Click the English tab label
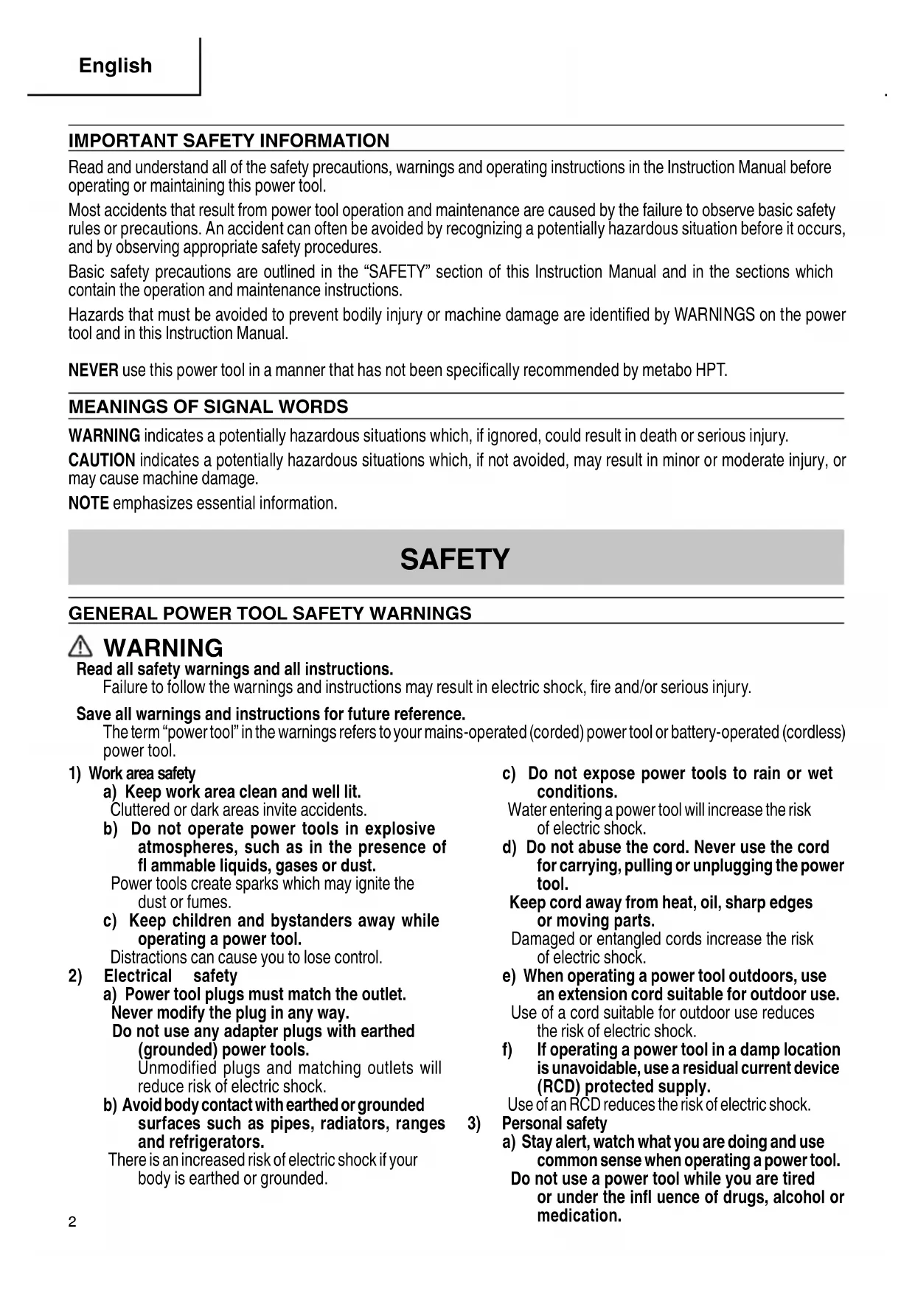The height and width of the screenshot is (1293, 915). coord(115,66)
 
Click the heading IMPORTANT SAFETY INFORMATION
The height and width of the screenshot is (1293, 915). coord(229,140)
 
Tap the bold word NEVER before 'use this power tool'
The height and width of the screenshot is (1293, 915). coord(93,370)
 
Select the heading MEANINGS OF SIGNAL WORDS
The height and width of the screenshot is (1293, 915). coord(208,407)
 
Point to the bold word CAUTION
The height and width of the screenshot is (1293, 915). coord(101,461)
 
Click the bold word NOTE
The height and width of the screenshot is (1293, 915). coord(88,503)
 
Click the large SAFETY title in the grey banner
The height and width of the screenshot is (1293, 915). coord(455,559)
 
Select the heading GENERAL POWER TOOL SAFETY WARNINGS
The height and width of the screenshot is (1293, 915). coord(270,613)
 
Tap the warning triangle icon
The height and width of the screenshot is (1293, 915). coord(80,647)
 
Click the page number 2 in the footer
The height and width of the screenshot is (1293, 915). coord(72,1222)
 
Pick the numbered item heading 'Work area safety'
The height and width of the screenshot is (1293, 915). coord(142,773)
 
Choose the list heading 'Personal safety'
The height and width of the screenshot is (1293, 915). coord(554,1123)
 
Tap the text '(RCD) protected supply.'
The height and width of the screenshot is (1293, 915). coord(623,1087)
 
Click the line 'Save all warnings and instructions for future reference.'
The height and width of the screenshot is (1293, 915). coord(271,714)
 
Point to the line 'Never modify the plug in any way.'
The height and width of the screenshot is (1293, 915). coord(230,1013)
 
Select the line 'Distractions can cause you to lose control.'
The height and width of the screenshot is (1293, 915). coord(246,958)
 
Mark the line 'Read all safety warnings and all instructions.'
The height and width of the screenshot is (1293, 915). coord(234,669)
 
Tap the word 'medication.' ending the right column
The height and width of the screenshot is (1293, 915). coord(579,1216)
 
